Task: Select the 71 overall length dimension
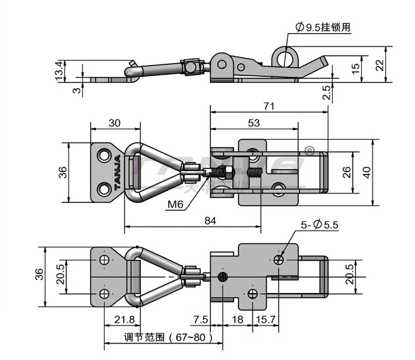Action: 268,105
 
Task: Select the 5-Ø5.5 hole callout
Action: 321,225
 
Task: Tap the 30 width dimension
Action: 115,122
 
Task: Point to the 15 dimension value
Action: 356,67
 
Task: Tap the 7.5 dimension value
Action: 199,320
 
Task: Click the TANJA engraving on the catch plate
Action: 117,173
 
